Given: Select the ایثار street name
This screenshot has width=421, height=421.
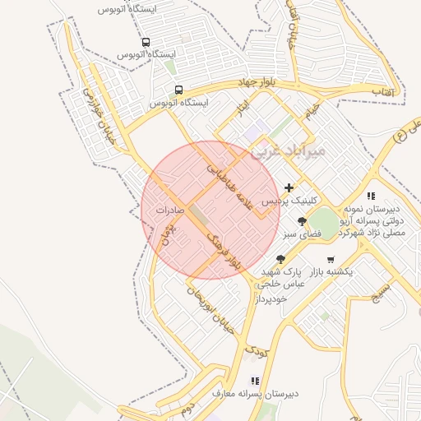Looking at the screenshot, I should point(242,109).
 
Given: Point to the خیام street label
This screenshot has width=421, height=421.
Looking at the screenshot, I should point(310,112).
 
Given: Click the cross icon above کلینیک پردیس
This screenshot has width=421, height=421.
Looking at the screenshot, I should point(289,187).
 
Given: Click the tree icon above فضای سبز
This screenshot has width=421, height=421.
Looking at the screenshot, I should point(303,221).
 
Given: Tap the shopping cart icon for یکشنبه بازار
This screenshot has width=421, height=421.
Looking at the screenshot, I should point(331,259).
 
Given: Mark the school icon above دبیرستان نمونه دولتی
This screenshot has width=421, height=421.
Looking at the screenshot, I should point(371,196).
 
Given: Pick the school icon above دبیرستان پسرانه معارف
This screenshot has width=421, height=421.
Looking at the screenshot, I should point(255,381).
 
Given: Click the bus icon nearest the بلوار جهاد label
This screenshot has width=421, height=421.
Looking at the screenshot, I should point(178,90).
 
